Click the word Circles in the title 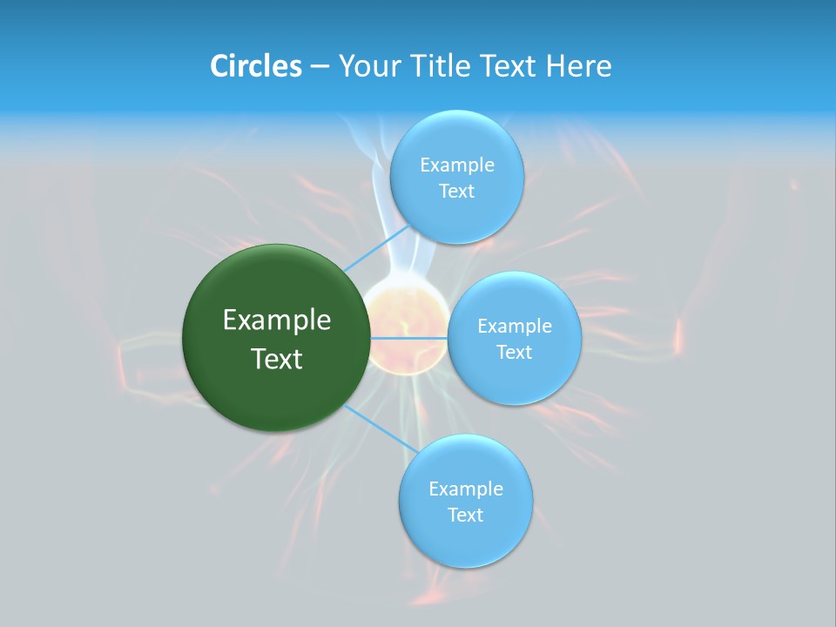click(x=256, y=66)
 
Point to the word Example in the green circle click(x=277, y=320)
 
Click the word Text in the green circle click(x=277, y=359)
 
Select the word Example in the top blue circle click(x=457, y=165)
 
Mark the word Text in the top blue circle click(x=456, y=191)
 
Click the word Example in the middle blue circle click(x=515, y=326)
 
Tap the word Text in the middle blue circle click(x=514, y=352)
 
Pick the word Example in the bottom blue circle click(x=466, y=489)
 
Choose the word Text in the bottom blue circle click(x=465, y=515)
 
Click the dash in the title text click(x=320, y=66)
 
